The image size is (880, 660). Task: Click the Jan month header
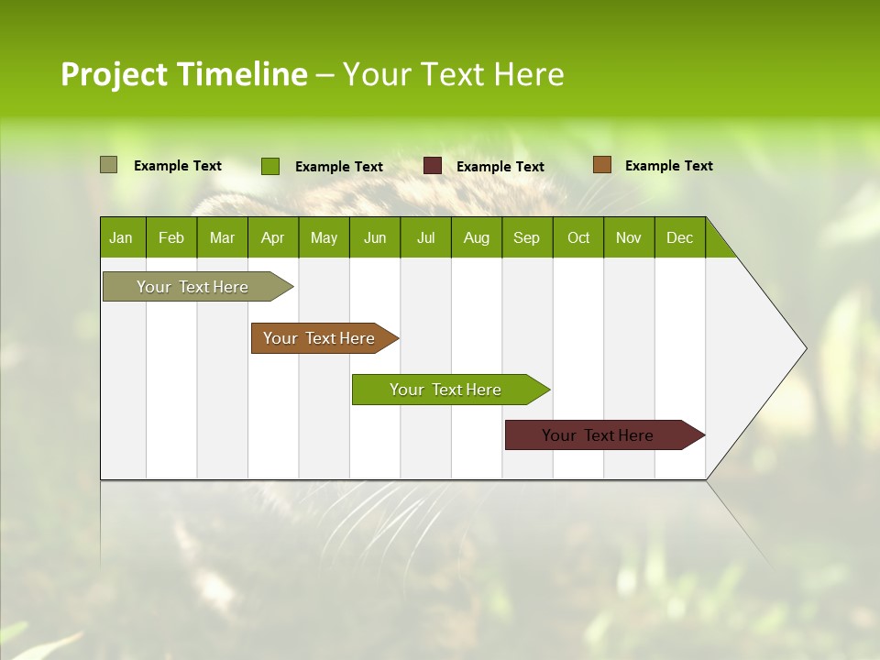click(x=121, y=237)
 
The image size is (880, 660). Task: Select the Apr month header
click(x=272, y=237)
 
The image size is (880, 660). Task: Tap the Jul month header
click(x=425, y=237)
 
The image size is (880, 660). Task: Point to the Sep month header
click(x=526, y=237)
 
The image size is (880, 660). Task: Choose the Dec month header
click(x=679, y=237)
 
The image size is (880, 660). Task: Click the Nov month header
click(x=628, y=237)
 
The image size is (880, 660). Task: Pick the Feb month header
click(x=171, y=237)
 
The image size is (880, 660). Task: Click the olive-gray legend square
click(x=108, y=165)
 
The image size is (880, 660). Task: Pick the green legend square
click(x=269, y=166)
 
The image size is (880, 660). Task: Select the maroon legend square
click(x=433, y=166)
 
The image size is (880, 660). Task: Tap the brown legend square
click(x=601, y=165)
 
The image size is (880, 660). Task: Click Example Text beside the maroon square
click(x=500, y=167)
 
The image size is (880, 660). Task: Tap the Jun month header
click(x=375, y=237)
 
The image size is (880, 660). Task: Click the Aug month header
click(x=476, y=237)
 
